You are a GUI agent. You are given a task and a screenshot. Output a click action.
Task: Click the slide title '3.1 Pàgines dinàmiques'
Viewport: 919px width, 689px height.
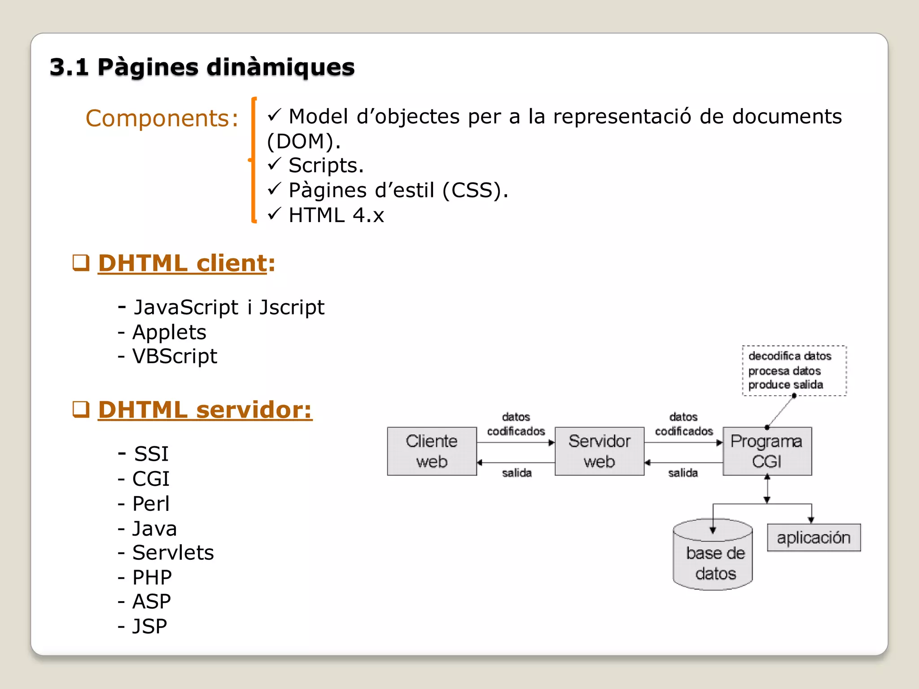pyautogui.click(x=202, y=67)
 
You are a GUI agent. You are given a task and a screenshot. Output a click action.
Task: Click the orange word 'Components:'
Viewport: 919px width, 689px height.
pyautogui.click(x=162, y=118)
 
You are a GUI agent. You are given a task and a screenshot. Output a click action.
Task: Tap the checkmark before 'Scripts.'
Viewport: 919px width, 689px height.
pyautogui.click(x=274, y=164)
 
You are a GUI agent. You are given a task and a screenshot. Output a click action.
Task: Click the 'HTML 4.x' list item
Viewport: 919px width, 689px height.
pyautogui.click(x=336, y=215)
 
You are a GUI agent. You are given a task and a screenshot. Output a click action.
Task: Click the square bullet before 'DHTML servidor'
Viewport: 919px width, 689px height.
pyautogui.click(x=81, y=409)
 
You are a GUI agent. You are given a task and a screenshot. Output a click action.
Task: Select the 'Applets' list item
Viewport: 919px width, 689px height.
pyautogui.click(x=169, y=332)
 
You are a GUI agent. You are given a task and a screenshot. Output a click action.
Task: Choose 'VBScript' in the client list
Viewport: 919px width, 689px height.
pyautogui.click(x=175, y=357)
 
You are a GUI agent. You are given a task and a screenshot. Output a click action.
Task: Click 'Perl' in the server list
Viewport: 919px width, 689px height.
pyautogui.click(x=151, y=504)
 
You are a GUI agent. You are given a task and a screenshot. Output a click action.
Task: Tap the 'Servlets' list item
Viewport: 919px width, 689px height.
pyautogui.click(x=173, y=553)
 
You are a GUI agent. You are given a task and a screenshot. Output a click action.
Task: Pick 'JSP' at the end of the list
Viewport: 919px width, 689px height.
pyautogui.click(x=149, y=626)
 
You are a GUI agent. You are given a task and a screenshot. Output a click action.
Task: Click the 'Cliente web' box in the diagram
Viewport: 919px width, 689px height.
pyautogui.click(x=432, y=451)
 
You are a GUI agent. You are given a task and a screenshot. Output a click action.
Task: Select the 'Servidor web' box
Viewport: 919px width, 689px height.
pyautogui.click(x=600, y=451)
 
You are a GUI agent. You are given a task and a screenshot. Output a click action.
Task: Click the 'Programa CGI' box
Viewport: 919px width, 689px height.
pyautogui.click(x=767, y=451)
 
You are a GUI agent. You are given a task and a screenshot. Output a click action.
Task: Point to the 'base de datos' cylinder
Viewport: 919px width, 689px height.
pyautogui.click(x=713, y=561)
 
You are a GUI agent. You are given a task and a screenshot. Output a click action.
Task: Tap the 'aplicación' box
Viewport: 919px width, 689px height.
pyautogui.click(x=814, y=537)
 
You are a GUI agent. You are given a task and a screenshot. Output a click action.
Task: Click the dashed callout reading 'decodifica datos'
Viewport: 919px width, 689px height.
pyautogui.click(x=794, y=371)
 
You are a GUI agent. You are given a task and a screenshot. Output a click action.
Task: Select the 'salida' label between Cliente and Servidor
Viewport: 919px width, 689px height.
pyautogui.click(x=516, y=473)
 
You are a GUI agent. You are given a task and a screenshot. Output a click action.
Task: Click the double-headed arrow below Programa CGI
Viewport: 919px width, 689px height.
pyautogui.click(x=767, y=489)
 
